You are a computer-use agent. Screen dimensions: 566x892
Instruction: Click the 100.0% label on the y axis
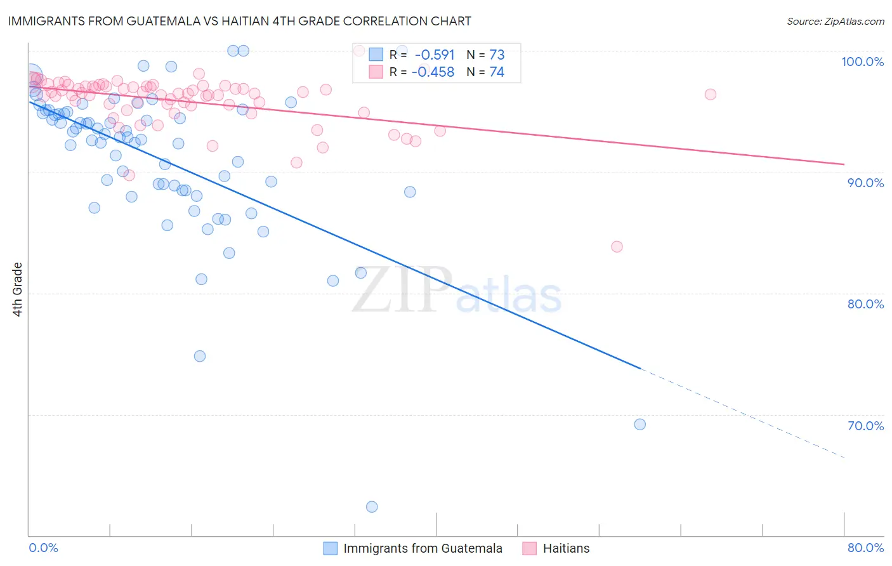pyautogui.click(x=862, y=62)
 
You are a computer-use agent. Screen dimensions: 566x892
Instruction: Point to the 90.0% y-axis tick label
pyautogui.click(x=865, y=183)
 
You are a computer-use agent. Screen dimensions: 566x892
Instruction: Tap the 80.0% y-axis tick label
pyautogui.click(x=865, y=304)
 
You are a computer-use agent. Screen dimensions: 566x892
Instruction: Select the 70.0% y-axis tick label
pyautogui.click(x=865, y=426)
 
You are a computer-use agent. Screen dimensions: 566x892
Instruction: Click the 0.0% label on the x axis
pyautogui.click(x=43, y=548)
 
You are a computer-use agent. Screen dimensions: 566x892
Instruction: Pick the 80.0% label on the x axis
pyautogui.click(x=865, y=548)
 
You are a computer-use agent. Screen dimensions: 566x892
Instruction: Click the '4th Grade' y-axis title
pyautogui.click(x=18, y=289)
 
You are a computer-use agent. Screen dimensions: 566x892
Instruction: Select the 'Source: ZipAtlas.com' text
pyautogui.click(x=835, y=22)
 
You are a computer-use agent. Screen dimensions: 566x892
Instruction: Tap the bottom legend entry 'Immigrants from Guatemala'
pyautogui.click(x=423, y=548)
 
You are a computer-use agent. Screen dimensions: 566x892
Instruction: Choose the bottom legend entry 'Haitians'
pyautogui.click(x=566, y=548)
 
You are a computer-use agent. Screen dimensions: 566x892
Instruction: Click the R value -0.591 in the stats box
pyautogui.click(x=435, y=55)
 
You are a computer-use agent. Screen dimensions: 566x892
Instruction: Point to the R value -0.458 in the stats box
pyautogui.click(x=433, y=72)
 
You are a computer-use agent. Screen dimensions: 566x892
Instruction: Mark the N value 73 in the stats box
pyautogui.click(x=497, y=55)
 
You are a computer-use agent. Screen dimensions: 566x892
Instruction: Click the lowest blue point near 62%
pyautogui.click(x=372, y=507)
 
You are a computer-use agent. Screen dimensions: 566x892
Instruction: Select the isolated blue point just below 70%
pyautogui.click(x=639, y=425)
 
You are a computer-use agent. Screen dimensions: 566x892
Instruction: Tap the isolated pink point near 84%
pyautogui.click(x=617, y=247)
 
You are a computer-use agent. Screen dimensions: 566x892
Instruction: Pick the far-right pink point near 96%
pyautogui.click(x=710, y=95)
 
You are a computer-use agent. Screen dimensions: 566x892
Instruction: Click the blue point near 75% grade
pyautogui.click(x=200, y=356)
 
